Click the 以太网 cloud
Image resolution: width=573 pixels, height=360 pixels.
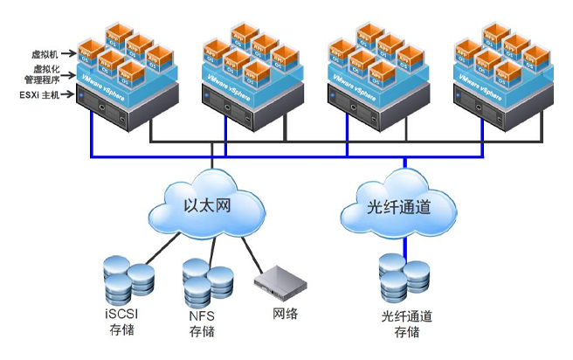[x=211, y=206]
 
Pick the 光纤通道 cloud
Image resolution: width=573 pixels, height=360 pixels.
[x=399, y=209]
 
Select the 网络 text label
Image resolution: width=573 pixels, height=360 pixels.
[x=285, y=312]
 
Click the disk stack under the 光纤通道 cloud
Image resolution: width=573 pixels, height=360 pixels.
[x=405, y=278]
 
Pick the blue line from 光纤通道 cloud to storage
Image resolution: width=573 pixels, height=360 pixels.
[x=404, y=245]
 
